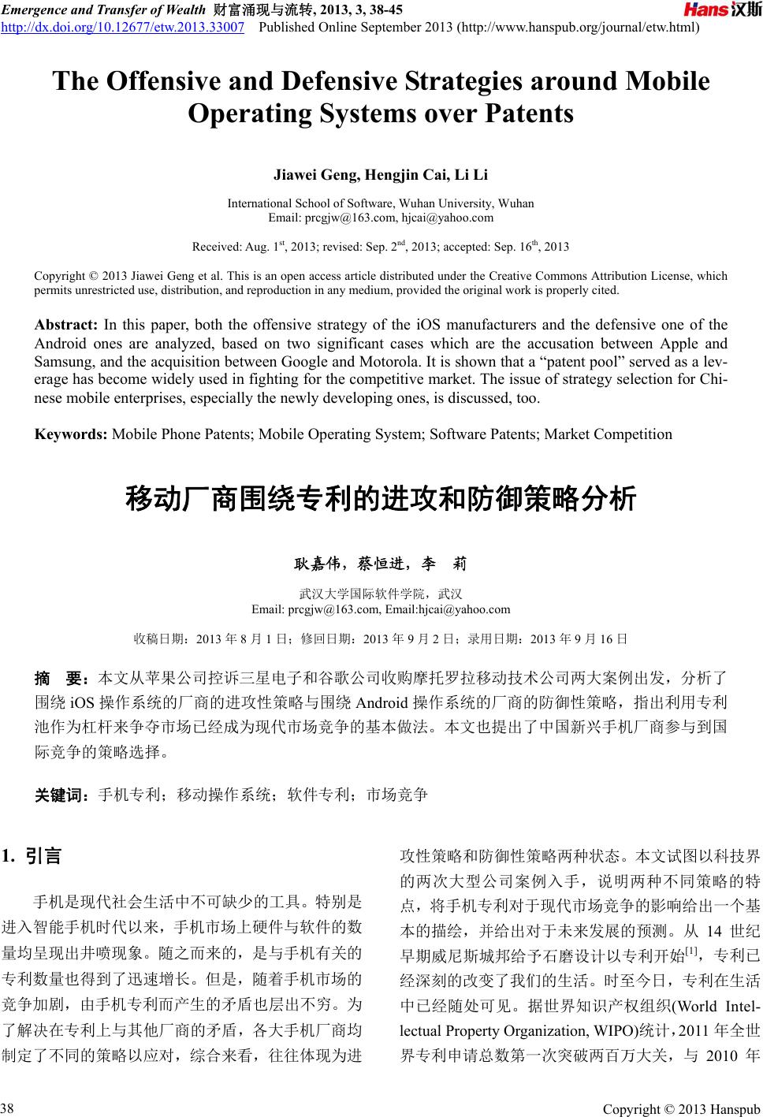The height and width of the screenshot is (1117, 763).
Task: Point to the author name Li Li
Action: click(475, 173)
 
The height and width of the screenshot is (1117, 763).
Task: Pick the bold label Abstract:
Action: click(65, 325)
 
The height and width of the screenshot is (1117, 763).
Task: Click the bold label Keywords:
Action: click(71, 434)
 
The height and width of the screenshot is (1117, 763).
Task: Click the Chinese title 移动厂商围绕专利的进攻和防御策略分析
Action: click(381, 500)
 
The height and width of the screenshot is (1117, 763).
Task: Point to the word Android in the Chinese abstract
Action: click(382, 701)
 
